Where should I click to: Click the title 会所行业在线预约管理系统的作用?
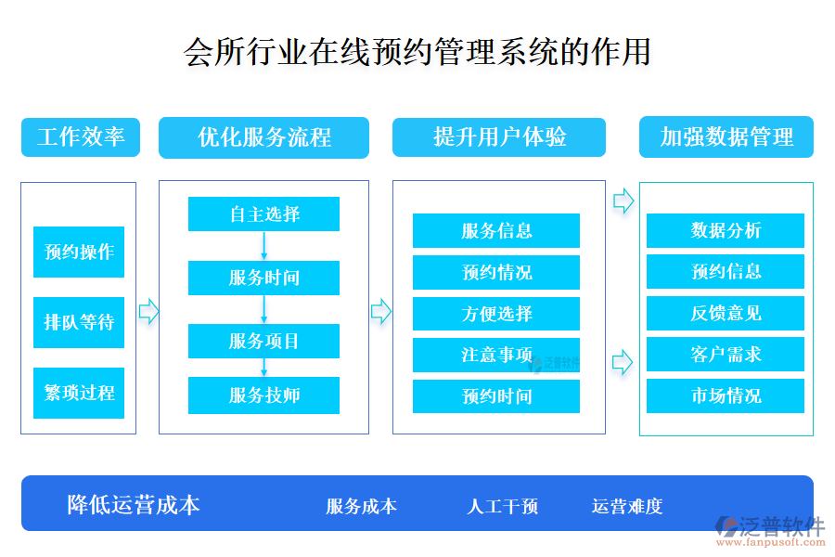(417, 51)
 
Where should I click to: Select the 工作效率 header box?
(80, 137)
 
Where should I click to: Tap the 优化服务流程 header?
(263, 137)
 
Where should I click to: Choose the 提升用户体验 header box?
(499, 137)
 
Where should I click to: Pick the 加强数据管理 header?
(726, 137)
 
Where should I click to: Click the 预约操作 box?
(79, 252)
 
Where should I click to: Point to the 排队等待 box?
(79, 322)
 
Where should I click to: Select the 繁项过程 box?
(79, 393)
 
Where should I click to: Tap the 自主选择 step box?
(263, 214)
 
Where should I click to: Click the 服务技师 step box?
(263, 395)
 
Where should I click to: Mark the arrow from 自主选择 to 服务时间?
(263, 246)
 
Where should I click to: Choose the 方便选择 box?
(496, 314)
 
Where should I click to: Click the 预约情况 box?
(496, 273)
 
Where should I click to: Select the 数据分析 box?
(726, 230)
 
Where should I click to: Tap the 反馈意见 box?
(726, 313)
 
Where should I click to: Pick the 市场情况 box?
(726, 395)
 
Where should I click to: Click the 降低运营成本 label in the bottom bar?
(134, 505)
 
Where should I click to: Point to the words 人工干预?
(502, 506)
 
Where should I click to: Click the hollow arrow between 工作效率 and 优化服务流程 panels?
(148, 311)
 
